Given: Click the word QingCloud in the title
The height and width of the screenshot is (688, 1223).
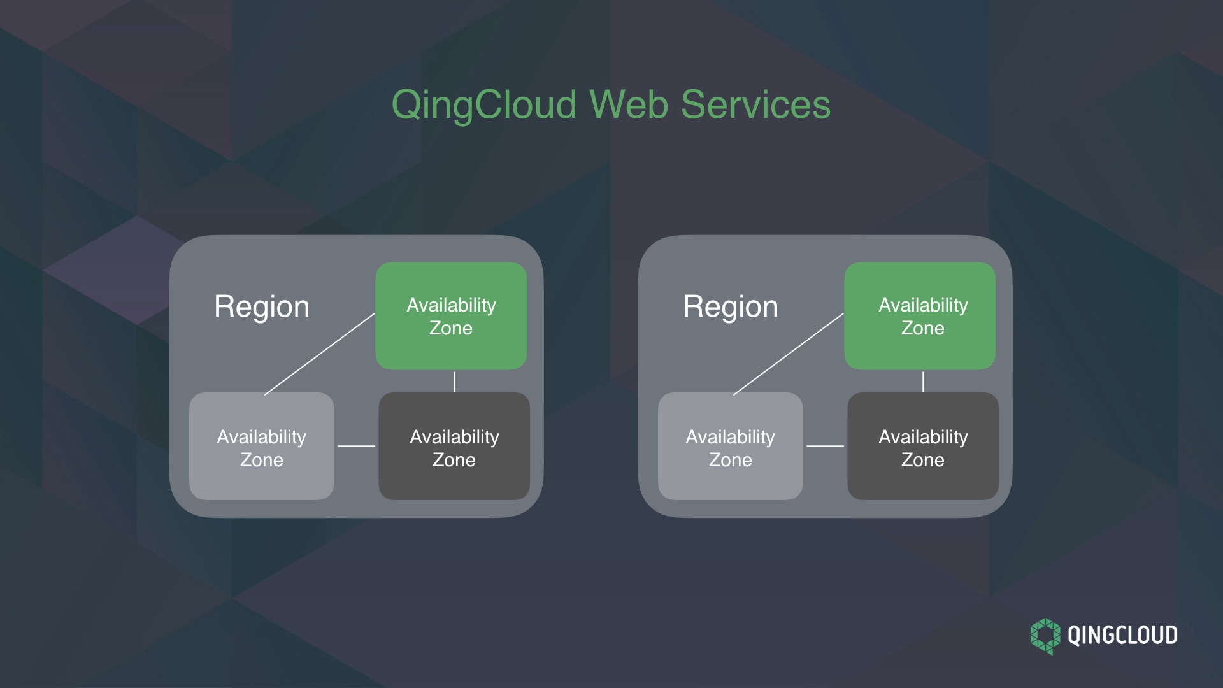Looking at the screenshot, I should (484, 104).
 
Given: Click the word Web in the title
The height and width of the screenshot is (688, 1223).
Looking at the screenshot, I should (629, 104).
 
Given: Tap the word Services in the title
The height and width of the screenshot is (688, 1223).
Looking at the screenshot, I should (755, 104).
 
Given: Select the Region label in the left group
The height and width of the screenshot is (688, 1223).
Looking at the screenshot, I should (262, 306).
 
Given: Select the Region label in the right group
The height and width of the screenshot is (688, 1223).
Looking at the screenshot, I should (731, 306).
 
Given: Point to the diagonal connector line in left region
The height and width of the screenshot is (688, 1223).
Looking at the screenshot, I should (320, 354).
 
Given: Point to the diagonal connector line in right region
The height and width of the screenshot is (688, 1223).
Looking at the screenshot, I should (789, 354).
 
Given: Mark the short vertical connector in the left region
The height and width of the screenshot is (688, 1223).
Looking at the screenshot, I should (454, 382).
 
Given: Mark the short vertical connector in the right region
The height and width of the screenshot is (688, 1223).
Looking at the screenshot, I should (923, 382).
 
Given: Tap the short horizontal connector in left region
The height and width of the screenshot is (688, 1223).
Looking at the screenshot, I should (356, 446).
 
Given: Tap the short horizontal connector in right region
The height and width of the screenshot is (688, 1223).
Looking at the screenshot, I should (825, 446).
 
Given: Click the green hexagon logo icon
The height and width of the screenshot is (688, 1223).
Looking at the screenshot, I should (1045, 636).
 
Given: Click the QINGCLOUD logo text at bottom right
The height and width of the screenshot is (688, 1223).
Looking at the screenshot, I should (1122, 636).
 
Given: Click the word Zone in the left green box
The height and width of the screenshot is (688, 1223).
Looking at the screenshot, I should (451, 329).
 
